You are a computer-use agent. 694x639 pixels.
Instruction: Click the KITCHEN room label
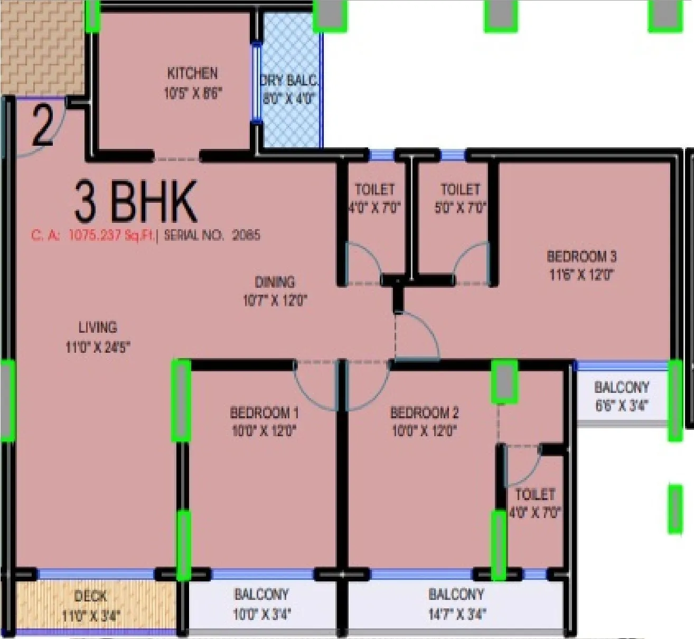[x=192, y=73]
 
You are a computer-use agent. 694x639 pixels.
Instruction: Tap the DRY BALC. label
[x=289, y=81]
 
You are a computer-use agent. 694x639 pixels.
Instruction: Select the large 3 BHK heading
[x=136, y=202]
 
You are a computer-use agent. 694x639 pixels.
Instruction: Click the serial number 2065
[x=246, y=235]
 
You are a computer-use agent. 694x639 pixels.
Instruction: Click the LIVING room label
[x=98, y=327]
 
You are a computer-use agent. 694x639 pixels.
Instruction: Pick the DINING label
[x=275, y=281]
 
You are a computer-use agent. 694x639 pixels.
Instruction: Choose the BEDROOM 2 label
[x=424, y=412]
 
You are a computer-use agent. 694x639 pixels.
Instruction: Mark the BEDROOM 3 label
[x=582, y=257]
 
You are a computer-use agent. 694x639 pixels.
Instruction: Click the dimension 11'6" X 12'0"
[x=582, y=275]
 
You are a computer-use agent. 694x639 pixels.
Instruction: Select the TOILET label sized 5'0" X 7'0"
[x=460, y=189]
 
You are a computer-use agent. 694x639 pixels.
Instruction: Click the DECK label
[x=90, y=596]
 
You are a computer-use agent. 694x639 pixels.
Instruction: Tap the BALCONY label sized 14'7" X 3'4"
[x=456, y=595]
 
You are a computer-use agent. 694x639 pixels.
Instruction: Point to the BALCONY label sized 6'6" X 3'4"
[x=621, y=387]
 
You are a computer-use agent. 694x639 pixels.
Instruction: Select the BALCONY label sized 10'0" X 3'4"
[x=261, y=595]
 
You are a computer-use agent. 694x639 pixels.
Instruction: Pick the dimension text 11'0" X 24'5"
[x=98, y=347]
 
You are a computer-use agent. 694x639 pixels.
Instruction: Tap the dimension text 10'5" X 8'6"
[x=193, y=93]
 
